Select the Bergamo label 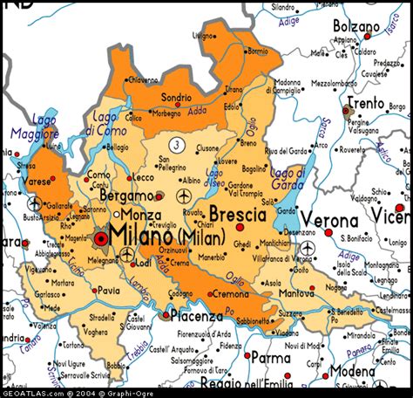coord(125,196)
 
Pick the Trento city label coord(366,102)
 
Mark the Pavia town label coord(108,290)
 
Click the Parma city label coord(271,357)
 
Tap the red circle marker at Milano coord(102,237)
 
